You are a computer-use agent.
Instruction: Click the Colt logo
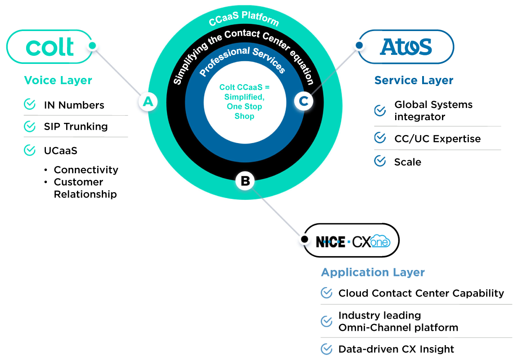50,46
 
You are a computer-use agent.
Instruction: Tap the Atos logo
406,46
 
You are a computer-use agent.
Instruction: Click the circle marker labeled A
148,102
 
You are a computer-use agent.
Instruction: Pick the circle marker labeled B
245,181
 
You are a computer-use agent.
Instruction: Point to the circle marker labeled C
304,101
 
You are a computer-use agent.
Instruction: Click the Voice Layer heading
58,81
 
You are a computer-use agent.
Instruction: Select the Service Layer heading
414,81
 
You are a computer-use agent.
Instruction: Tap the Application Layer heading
373,272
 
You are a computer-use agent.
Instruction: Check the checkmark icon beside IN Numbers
30,105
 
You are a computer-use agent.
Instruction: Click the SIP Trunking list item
76,126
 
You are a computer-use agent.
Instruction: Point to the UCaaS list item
60,151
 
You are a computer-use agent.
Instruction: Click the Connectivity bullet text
86,170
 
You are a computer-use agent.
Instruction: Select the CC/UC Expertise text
437,139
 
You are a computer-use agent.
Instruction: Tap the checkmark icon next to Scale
380,161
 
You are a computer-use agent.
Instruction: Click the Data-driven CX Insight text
396,349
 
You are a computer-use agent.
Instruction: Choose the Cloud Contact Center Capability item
421,293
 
